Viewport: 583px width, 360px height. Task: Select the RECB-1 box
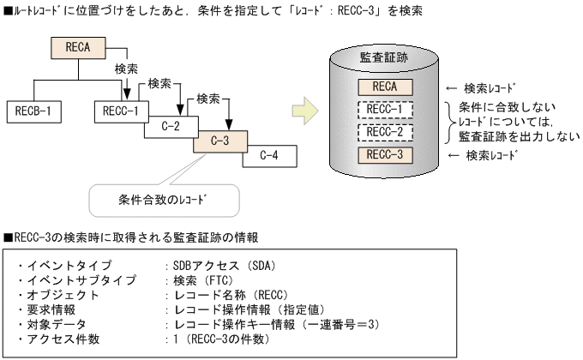tap(37, 111)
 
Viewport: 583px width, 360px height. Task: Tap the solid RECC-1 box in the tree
tap(122, 111)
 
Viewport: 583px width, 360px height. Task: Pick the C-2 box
tap(171, 126)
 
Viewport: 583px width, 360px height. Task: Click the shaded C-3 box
tap(220, 141)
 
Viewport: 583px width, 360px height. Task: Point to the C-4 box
tap(268, 156)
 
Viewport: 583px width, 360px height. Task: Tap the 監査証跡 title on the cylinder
tap(382, 57)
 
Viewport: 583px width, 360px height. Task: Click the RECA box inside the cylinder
tap(383, 87)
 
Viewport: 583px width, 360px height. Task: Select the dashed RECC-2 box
tap(383, 132)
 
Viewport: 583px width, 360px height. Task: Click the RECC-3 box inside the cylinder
tap(383, 155)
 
